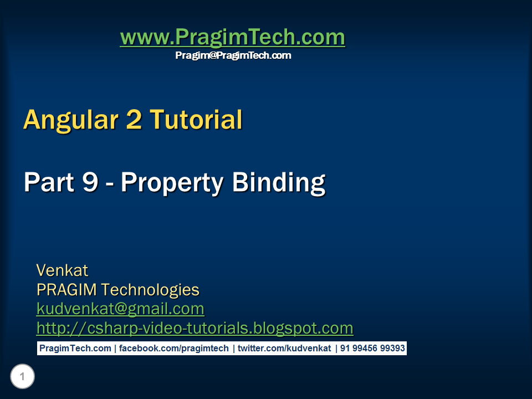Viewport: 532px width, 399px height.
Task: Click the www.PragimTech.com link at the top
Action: click(232, 38)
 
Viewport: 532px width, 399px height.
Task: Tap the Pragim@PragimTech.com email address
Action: click(233, 55)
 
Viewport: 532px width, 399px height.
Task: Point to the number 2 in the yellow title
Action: click(134, 120)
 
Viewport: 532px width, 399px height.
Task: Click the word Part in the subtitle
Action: click(48, 182)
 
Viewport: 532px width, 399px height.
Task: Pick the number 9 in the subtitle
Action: click(90, 182)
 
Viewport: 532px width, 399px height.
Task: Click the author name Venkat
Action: click(62, 270)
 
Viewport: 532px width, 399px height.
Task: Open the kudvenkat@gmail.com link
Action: click(120, 309)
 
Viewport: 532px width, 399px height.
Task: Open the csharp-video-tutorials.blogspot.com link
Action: click(195, 328)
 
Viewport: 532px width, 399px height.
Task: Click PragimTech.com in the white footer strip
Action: click(75, 349)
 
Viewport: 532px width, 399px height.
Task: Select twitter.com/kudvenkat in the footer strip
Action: click(284, 349)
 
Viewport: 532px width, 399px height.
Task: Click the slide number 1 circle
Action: click(22, 377)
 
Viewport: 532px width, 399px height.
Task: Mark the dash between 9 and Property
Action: click(110, 183)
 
